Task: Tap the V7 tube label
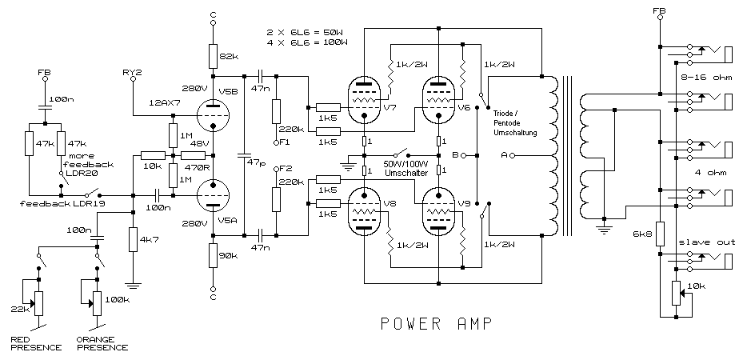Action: click(390, 107)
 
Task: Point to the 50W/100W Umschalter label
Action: click(407, 167)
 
